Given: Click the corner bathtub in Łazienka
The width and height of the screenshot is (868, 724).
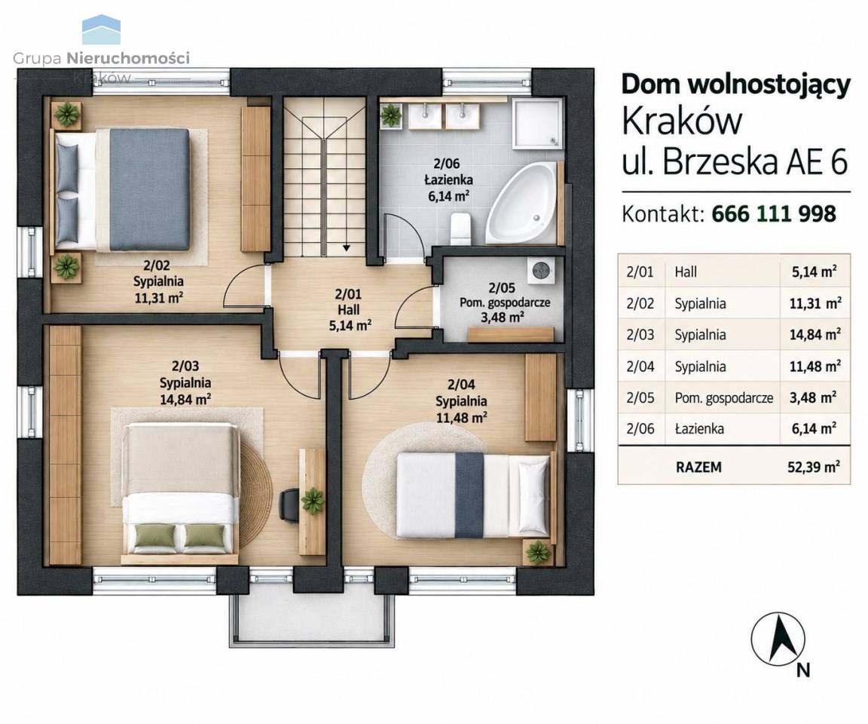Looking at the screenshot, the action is click(x=521, y=205).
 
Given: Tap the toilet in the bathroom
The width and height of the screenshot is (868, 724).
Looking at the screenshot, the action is click(x=460, y=229).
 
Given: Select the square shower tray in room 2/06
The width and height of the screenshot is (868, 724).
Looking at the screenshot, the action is click(x=537, y=124).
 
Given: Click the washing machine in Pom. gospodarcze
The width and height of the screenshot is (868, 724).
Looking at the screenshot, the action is click(x=541, y=271).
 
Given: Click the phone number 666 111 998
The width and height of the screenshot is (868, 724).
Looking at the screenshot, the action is click(x=773, y=214).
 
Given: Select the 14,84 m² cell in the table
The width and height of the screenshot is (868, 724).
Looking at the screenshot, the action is click(x=815, y=335).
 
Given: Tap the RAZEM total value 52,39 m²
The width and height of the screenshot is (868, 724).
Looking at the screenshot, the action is click(x=814, y=467).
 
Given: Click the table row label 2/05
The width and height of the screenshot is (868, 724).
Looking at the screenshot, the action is click(x=640, y=397).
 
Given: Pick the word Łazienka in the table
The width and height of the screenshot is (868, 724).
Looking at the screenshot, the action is click(x=699, y=429).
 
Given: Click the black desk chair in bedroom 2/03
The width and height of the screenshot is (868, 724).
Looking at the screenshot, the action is click(x=289, y=505).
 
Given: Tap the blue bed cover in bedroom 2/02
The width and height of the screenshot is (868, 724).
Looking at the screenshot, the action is click(x=149, y=189).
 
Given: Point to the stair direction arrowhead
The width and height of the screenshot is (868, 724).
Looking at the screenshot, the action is click(x=346, y=247).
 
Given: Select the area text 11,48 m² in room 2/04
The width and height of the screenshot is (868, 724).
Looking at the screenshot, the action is click(x=461, y=417).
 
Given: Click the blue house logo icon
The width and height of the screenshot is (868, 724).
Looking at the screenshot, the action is click(x=101, y=30).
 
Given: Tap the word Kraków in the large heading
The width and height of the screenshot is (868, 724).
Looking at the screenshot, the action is click(x=681, y=121).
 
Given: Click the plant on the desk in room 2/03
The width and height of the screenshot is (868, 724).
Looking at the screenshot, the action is click(x=313, y=501).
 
